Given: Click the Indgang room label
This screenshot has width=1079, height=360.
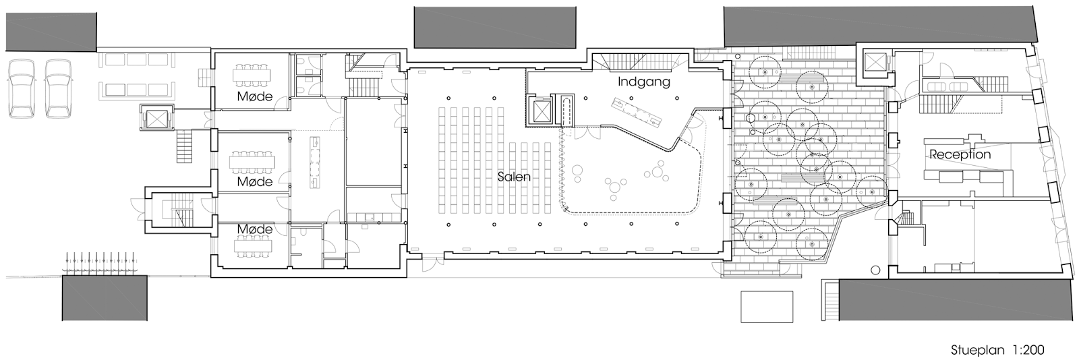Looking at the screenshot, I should [644, 82].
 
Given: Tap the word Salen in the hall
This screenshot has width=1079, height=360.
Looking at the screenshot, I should [514, 177].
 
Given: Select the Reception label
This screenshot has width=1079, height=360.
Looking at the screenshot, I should [960, 154].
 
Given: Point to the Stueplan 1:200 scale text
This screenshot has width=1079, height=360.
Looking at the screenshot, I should [997, 350].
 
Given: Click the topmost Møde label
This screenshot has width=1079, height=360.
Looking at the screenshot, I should [254, 96].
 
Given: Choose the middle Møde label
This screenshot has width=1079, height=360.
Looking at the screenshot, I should [254, 181].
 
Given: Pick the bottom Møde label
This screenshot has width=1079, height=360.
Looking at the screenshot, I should [254, 229].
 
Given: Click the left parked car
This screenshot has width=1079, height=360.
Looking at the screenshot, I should [22, 88].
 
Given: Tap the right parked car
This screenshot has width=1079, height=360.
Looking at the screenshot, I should [59, 88].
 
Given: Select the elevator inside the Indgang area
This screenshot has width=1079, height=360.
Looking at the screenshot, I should [542, 111].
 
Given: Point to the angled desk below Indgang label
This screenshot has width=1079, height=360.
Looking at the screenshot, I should [637, 111].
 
